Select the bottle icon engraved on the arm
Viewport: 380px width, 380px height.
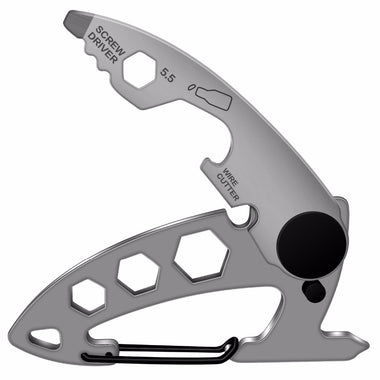click(x=212, y=98)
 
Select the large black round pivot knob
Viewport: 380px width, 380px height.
click(x=311, y=243)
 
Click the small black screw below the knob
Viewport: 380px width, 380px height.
click(x=312, y=291)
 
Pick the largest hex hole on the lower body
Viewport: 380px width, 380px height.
click(x=201, y=254)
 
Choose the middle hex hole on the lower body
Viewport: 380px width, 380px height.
click(x=138, y=272)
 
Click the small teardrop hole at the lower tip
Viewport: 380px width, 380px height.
click(x=46, y=334)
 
